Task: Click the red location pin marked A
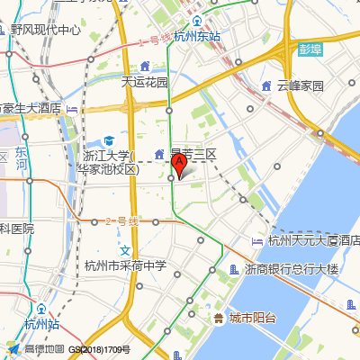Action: [x=179, y=164]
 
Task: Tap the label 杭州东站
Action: [x=197, y=37]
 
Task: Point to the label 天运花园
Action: [x=145, y=82]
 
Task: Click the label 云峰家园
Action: [x=301, y=86]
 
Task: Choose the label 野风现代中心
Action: [x=46, y=30]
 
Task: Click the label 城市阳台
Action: [x=253, y=318]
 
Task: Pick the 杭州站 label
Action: [x=42, y=324]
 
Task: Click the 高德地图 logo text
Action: [x=43, y=349]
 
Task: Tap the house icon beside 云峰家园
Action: [x=265, y=86]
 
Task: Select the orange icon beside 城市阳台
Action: [x=219, y=318]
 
